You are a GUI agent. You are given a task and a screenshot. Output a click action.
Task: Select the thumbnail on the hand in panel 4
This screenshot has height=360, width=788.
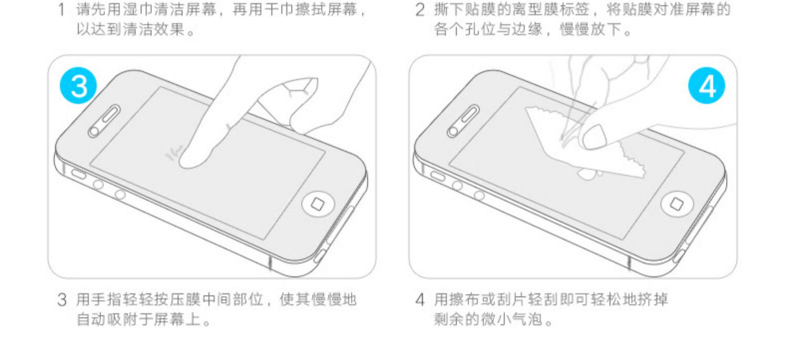[593, 138]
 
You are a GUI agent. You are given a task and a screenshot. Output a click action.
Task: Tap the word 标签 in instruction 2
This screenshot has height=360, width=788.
[570, 10]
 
